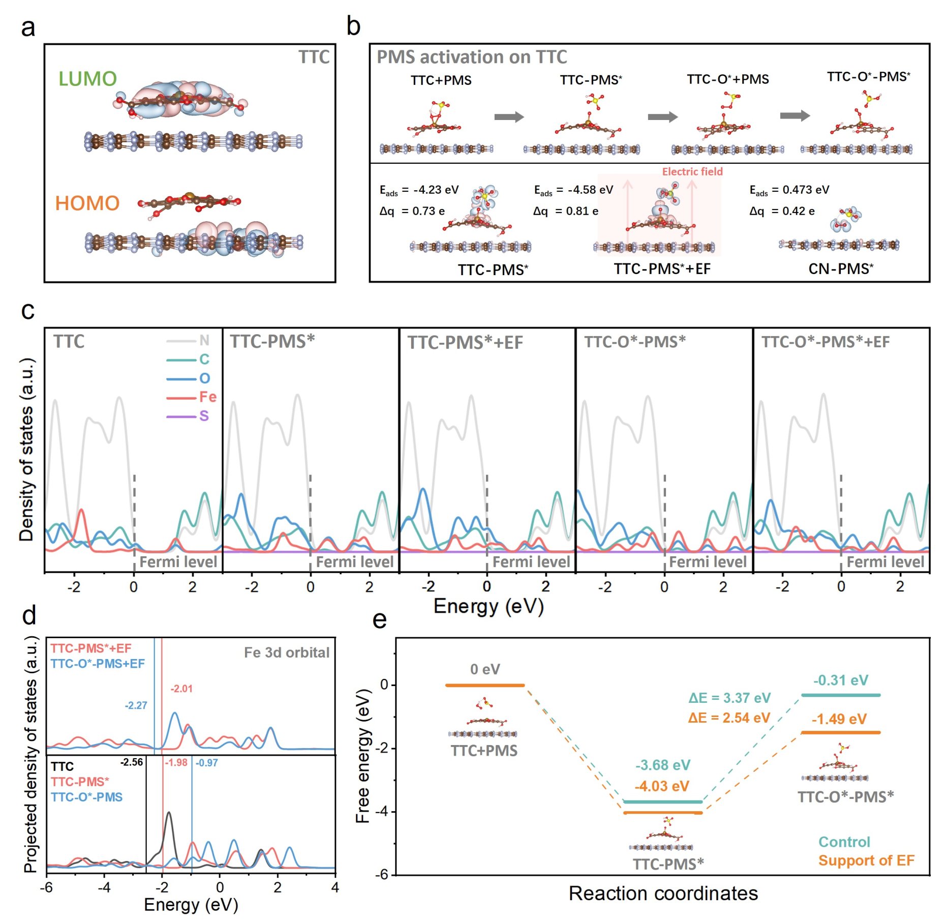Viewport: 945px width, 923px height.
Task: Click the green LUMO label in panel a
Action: pyautogui.click(x=87, y=79)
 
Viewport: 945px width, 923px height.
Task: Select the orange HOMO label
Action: pyautogui.click(x=87, y=203)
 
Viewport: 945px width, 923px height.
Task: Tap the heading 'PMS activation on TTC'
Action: pyautogui.click(x=471, y=57)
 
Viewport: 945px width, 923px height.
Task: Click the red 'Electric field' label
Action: pyautogui.click(x=692, y=171)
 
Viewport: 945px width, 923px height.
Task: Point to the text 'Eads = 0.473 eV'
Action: pyautogui.click(x=789, y=190)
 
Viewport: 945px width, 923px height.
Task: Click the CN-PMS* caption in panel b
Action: pyautogui.click(x=841, y=269)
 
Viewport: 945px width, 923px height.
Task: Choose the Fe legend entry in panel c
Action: pyautogui.click(x=207, y=397)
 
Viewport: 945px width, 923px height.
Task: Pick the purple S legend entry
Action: pyautogui.click(x=204, y=416)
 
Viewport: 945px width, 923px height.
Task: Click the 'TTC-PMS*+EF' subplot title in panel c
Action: pyautogui.click(x=465, y=342)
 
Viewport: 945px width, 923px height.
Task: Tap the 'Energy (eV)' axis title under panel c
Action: pyautogui.click(x=488, y=606)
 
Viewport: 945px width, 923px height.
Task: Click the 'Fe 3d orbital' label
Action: pyautogui.click(x=287, y=652)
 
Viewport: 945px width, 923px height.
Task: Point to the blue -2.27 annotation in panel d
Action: pyautogui.click(x=136, y=705)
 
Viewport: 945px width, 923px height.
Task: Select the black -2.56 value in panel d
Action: pyautogui.click(x=131, y=762)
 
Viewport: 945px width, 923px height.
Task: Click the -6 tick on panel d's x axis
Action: pyautogui.click(x=46, y=887)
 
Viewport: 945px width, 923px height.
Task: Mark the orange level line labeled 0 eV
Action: pyautogui.click(x=484, y=686)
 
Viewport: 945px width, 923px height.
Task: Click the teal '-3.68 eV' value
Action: pyautogui.click(x=662, y=765)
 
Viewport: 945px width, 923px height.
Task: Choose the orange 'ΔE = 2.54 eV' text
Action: pyautogui.click(x=729, y=718)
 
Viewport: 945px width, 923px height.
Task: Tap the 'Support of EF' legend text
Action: pyautogui.click(x=866, y=860)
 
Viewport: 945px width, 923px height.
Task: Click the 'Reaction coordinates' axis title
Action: pyautogui.click(x=663, y=894)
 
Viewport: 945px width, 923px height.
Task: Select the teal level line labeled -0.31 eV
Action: pyautogui.click(x=840, y=695)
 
